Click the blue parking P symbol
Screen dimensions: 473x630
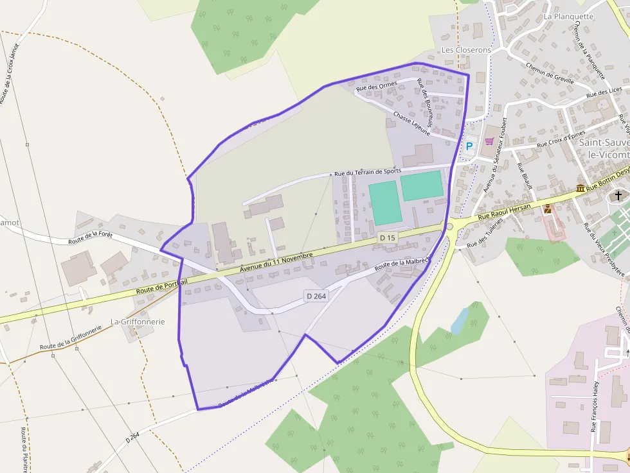tap(469, 146)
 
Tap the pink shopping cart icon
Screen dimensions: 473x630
tap(489, 141)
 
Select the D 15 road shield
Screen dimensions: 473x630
tap(387, 237)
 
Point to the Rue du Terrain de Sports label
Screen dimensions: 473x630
tap(368, 172)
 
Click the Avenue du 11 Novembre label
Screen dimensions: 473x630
tap(276, 263)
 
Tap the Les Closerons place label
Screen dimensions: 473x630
tap(466, 50)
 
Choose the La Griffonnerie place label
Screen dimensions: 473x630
tap(138, 322)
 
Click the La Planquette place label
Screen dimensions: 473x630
tap(568, 16)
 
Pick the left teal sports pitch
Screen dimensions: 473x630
tap(384, 202)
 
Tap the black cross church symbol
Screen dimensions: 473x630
tap(618, 195)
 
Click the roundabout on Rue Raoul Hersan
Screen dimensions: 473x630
tap(449, 226)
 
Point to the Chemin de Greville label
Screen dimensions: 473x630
tap(549, 74)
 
